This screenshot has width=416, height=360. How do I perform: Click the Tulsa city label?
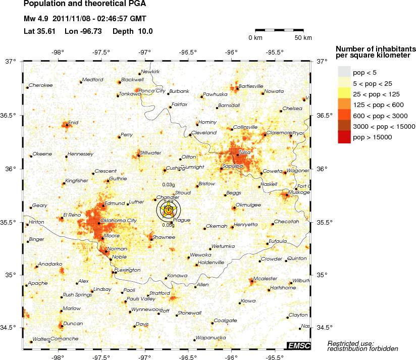coord(245,152)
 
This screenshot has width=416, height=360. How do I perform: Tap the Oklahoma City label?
coord(119,221)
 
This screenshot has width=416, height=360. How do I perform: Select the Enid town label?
coord(73,122)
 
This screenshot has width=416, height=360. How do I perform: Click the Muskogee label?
coord(297,192)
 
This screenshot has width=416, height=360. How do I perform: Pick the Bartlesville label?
coord(251,86)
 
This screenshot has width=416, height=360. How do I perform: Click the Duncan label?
coord(73,323)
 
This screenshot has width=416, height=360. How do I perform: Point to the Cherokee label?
coord(41,85)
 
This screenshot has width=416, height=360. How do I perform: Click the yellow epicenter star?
coord(169,209)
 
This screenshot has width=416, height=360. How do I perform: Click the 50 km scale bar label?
coord(303,38)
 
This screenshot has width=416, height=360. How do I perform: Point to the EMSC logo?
coord(298,345)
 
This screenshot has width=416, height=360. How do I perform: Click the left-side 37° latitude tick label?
coord(11,62)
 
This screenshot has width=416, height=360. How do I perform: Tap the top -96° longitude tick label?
coord(232,52)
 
